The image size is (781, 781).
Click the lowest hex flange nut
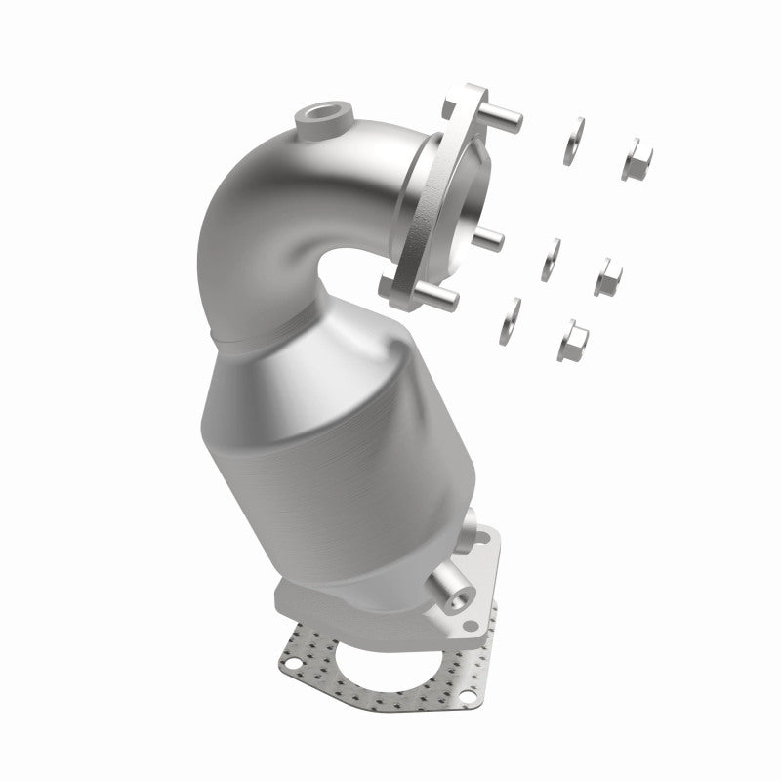[x=573, y=339]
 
